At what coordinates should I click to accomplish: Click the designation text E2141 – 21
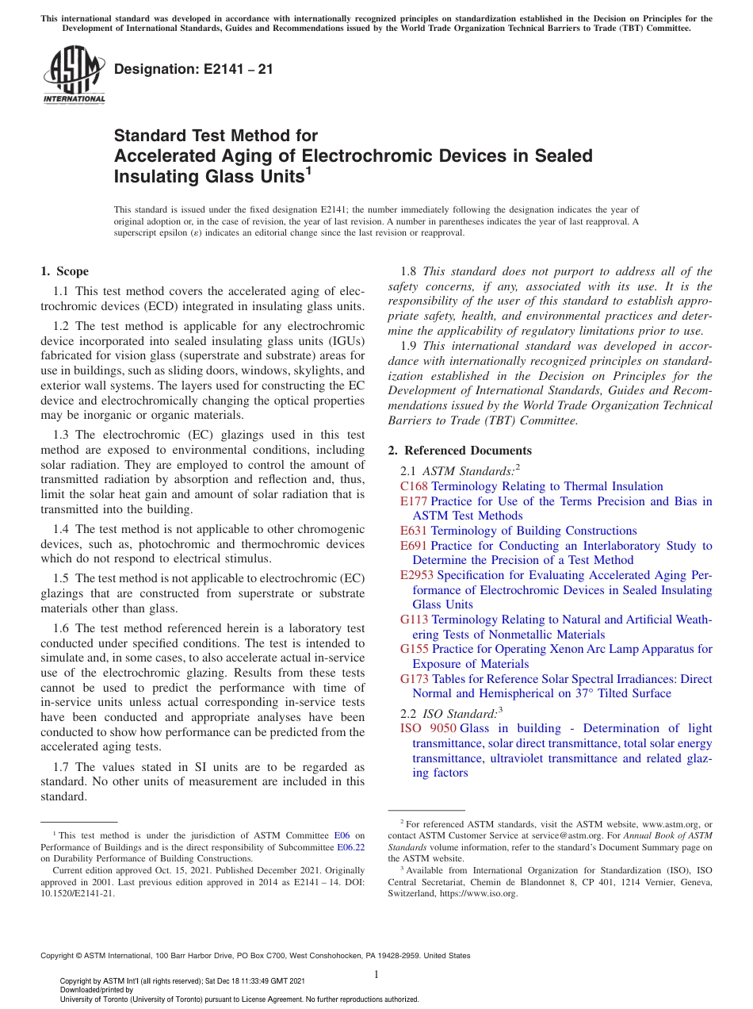coord(194,69)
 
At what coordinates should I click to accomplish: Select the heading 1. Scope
coord(65,271)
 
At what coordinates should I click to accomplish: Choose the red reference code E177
coord(414,501)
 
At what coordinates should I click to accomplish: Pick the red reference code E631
coord(414,531)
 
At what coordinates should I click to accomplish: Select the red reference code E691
coord(414,546)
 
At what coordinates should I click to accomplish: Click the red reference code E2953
coord(417,575)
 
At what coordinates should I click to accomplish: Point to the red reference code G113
coord(415,620)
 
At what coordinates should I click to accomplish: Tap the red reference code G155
coord(415,649)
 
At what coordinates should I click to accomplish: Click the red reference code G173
coord(415,679)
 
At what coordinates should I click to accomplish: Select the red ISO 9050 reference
coord(428,728)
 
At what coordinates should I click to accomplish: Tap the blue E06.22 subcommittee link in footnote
coord(354,846)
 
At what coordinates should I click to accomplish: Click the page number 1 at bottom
coord(376,974)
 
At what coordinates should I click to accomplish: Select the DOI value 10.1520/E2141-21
coord(78,893)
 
